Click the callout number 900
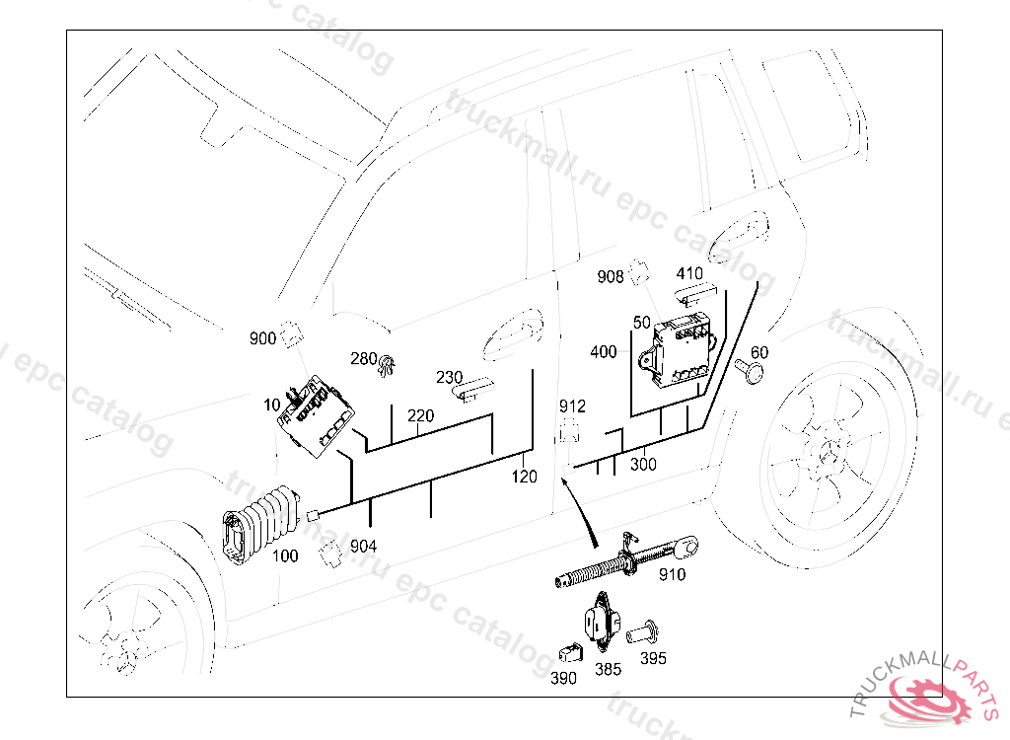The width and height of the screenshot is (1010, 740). [262, 339]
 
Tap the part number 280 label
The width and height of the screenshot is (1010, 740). [364, 359]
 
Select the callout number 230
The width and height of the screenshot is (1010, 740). [450, 378]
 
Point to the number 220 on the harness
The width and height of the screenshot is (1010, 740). [420, 416]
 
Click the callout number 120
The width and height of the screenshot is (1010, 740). [524, 477]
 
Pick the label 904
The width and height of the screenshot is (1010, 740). [363, 545]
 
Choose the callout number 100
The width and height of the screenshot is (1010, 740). [284, 555]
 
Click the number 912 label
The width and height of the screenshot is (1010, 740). [572, 407]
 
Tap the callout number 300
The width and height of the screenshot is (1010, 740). [643, 465]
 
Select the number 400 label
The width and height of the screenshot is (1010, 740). [604, 352]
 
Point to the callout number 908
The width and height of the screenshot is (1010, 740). [611, 277]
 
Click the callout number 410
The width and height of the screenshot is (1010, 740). [689, 273]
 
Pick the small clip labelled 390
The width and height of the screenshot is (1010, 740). [567, 652]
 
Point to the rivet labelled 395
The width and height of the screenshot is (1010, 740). [649, 632]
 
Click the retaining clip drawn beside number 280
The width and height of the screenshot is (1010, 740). [388, 365]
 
